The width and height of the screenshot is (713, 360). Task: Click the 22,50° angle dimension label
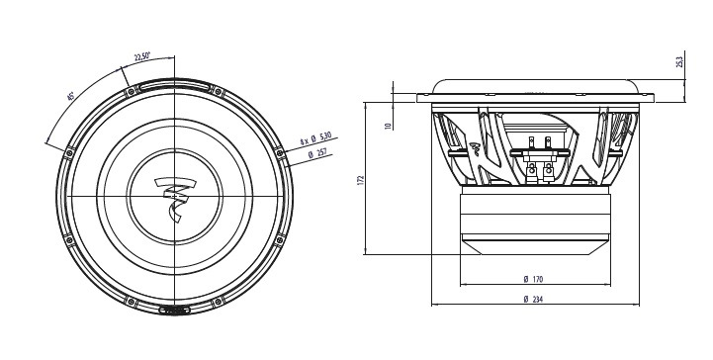(x=141, y=56)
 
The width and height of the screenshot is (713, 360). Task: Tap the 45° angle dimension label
(x=70, y=96)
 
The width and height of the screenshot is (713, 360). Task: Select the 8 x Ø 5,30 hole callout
(x=316, y=138)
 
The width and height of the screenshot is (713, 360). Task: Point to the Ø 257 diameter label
(x=317, y=153)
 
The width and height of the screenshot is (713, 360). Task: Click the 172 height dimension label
(x=361, y=181)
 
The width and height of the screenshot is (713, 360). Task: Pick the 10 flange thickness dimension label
(x=388, y=126)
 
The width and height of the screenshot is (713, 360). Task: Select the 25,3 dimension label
(x=679, y=62)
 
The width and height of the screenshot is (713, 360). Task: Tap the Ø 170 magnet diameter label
(x=533, y=279)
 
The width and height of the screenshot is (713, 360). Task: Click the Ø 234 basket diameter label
(x=533, y=299)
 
